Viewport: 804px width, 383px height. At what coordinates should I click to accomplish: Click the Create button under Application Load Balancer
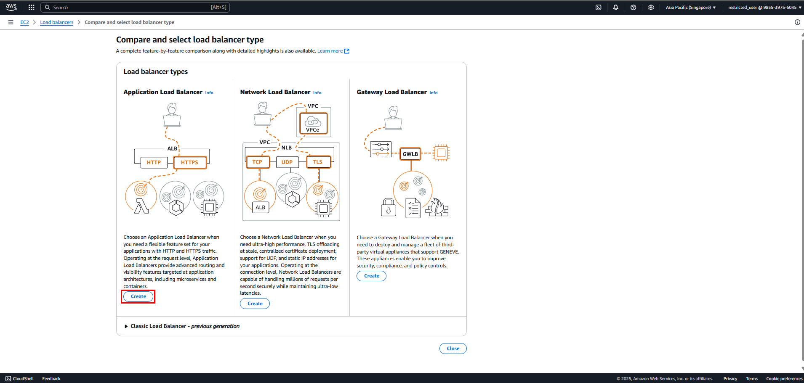(138, 296)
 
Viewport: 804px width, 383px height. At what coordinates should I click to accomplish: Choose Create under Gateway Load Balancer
(372, 276)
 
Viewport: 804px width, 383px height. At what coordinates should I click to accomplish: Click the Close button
(453, 349)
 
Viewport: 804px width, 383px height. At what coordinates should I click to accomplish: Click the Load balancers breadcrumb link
(57, 22)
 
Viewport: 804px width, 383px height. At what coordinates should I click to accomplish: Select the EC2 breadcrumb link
(25, 22)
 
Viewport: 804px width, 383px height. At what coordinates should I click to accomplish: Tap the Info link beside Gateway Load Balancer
(434, 93)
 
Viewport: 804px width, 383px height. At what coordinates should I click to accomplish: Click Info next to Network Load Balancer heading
(317, 93)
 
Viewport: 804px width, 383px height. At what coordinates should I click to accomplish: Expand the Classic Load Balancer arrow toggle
(126, 326)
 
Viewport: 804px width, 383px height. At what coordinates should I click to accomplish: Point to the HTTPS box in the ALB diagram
(190, 162)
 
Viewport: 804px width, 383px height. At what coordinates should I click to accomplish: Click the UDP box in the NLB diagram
(287, 162)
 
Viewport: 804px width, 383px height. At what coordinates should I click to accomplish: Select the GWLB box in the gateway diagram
(410, 154)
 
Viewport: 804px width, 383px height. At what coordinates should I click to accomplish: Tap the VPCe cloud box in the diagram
(313, 123)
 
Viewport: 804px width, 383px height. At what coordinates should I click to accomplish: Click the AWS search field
(135, 7)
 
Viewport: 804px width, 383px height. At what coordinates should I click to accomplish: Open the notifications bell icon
(616, 7)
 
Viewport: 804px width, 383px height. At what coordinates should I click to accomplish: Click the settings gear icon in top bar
(651, 7)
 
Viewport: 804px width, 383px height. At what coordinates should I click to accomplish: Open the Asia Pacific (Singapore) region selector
(691, 7)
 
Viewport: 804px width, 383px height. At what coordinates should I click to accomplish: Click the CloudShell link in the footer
(20, 379)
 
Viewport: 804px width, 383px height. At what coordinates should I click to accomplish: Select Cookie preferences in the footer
(784, 379)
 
